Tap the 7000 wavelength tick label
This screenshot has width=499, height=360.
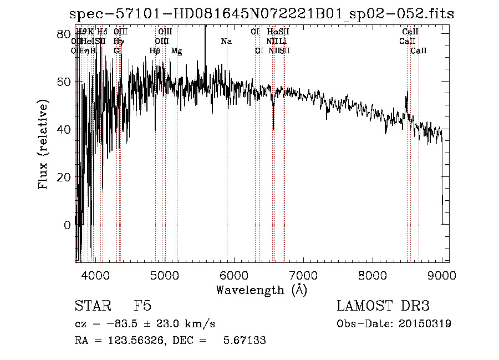[x=303, y=276]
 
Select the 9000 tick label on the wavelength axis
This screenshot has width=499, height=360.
[x=442, y=276]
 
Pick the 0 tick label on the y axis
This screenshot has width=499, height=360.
[x=67, y=225]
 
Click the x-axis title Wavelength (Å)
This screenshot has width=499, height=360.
[x=261, y=290]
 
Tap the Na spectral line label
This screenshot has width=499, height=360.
[x=226, y=42]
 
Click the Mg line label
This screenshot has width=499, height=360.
[x=176, y=51]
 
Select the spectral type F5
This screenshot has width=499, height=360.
[x=142, y=307]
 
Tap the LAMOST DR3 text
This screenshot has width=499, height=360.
[x=383, y=307]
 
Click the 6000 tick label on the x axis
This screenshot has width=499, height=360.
[x=234, y=276]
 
